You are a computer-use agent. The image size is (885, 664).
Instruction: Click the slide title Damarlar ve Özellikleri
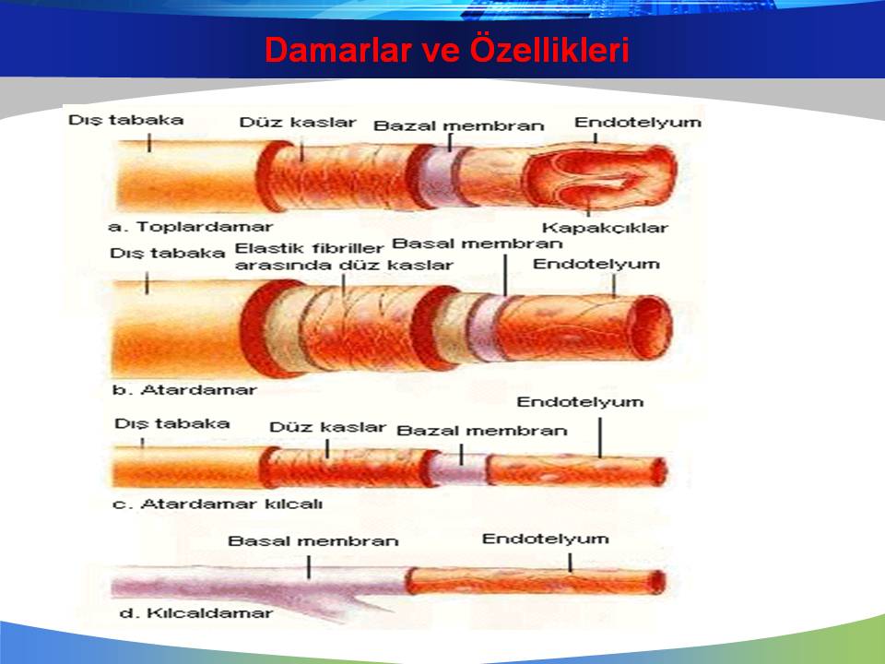[x=447, y=50]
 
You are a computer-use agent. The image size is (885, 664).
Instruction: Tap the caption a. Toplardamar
[x=190, y=227]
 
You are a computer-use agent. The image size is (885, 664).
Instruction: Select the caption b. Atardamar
[x=184, y=389]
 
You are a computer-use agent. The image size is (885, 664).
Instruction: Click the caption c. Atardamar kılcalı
[x=218, y=504]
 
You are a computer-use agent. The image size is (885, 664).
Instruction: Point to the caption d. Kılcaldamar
[x=196, y=613]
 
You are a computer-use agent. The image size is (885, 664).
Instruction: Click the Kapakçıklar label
[x=605, y=228]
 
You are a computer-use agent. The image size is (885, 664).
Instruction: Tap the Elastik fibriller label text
[x=310, y=248]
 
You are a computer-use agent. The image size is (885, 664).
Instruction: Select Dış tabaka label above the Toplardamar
[x=126, y=120]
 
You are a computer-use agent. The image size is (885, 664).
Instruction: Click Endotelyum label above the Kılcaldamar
[x=545, y=539]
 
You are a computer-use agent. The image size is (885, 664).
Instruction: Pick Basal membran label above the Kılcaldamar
[x=313, y=541]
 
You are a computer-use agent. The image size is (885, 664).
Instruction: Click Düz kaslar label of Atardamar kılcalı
[x=327, y=427]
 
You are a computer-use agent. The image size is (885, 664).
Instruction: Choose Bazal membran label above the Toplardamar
[x=459, y=125]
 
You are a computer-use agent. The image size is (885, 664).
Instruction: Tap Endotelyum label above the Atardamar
[x=596, y=265]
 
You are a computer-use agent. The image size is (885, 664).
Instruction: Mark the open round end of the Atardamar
[x=651, y=327]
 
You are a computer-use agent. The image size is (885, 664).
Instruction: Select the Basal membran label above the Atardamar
[x=478, y=243]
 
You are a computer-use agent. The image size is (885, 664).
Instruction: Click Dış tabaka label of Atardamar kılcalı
[x=172, y=424]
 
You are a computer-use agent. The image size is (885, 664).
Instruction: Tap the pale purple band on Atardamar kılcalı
[x=460, y=469]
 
